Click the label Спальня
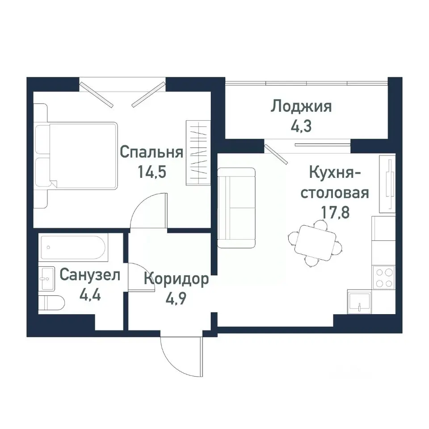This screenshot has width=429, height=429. [x=152, y=153]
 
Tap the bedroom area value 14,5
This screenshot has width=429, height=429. [x=152, y=172]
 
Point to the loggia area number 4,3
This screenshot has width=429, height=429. [x=302, y=125]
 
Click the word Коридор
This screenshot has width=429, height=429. [x=176, y=280]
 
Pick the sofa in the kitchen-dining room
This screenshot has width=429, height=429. [x=236, y=208]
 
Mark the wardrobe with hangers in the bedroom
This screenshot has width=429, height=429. [x=197, y=153]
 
